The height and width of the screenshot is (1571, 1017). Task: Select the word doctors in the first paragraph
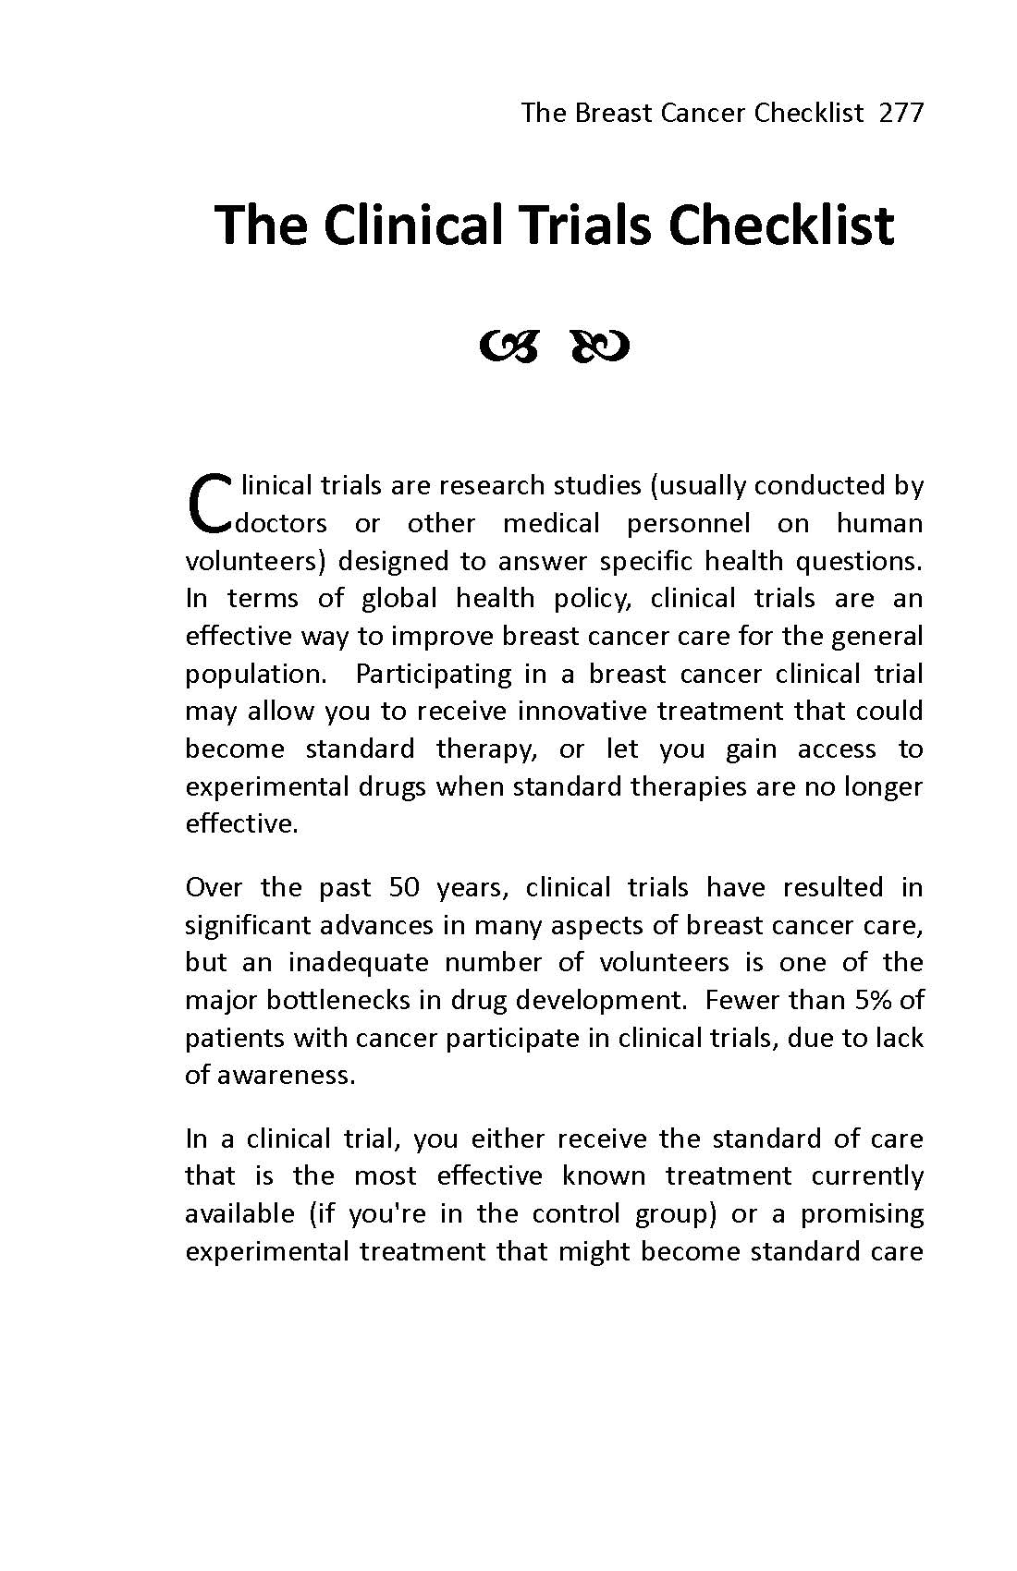pos(282,523)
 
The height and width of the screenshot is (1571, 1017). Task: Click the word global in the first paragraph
pos(398,598)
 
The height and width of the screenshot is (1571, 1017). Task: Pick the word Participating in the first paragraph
pos(433,674)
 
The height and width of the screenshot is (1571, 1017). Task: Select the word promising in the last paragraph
pos(862,1213)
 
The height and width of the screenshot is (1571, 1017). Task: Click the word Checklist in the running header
pos(809,113)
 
